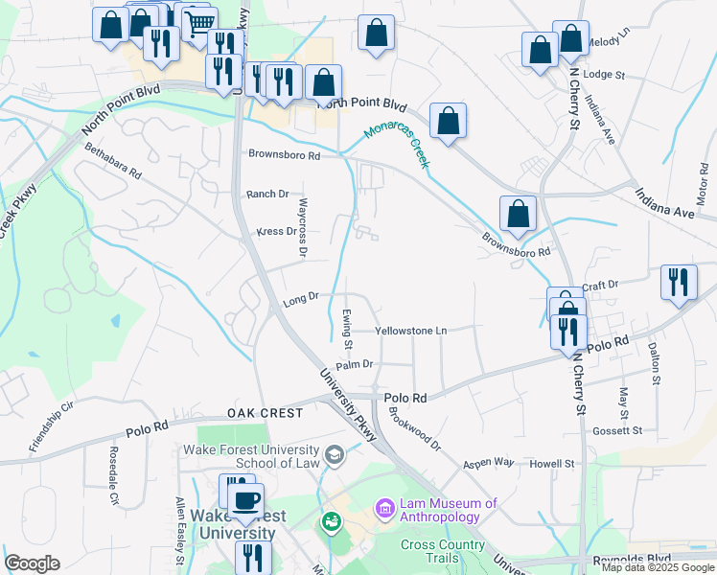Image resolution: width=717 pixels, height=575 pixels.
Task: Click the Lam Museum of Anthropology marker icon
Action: click(x=385, y=506)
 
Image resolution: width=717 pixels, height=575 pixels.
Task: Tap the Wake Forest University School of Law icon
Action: click(x=334, y=454)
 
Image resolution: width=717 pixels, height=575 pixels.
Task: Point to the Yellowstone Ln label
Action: click(x=411, y=331)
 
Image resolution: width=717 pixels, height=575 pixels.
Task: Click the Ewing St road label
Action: click(x=347, y=329)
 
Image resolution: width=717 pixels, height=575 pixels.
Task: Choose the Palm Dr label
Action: click(x=354, y=364)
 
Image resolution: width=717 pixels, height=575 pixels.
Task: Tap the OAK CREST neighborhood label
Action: click(x=266, y=413)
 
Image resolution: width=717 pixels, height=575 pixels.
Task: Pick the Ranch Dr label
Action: click(x=267, y=194)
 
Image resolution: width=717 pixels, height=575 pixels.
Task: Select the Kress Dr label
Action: click(x=277, y=231)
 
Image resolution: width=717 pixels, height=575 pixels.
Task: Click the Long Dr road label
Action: click(x=300, y=301)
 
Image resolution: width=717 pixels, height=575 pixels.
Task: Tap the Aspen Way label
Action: click(x=489, y=462)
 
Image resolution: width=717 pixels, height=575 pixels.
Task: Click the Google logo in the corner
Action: click(x=32, y=563)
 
